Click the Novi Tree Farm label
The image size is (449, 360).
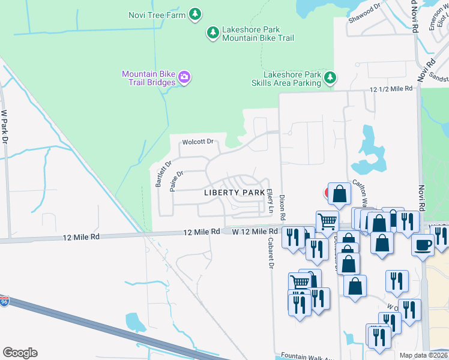(157, 14)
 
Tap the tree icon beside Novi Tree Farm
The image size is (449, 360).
(194, 14)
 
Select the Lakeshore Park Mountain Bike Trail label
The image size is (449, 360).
(258, 34)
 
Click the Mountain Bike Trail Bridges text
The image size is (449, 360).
(148, 78)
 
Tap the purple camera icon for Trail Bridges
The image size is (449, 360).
(184, 77)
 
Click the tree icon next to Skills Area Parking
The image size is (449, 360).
(330, 77)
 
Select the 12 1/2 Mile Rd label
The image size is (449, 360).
(391, 89)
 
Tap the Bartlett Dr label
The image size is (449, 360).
(163, 174)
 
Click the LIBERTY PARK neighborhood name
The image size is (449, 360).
(234, 193)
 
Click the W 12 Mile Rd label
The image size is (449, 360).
(255, 231)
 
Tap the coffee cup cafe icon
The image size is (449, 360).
(423, 245)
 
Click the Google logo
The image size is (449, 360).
(20, 353)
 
